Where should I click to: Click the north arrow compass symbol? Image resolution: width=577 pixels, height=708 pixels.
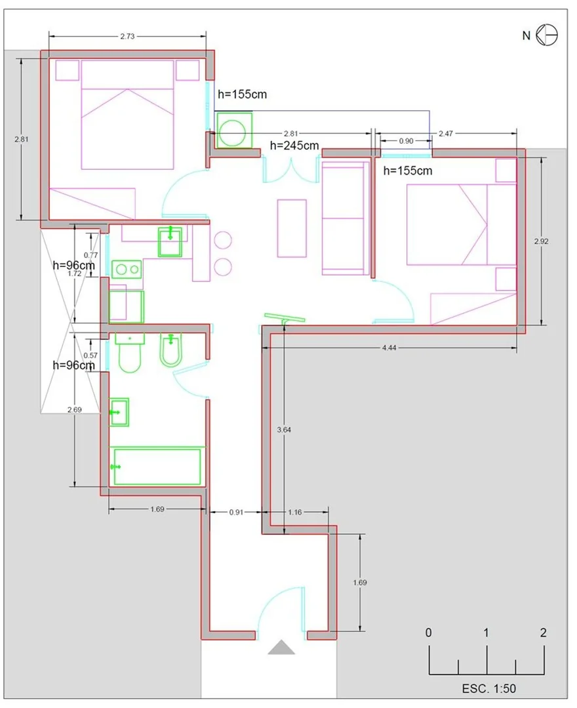[x=547, y=35]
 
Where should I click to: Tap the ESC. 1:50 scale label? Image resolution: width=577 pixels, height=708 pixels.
[x=488, y=688]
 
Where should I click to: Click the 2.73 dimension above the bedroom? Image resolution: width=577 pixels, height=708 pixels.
[x=127, y=36]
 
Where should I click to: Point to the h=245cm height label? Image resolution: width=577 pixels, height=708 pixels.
[x=294, y=146]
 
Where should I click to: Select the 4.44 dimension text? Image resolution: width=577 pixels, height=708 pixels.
[x=389, y=348]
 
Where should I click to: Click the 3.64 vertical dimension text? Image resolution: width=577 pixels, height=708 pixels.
[x=284, y=430]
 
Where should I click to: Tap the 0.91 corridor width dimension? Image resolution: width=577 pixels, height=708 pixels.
[x=236, y=512]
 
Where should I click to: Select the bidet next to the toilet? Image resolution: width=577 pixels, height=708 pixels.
[x=171, y=351]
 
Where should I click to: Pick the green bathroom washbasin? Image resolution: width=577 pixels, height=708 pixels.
[x=119, y=412]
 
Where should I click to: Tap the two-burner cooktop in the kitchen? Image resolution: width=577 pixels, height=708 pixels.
[x=127, y=270]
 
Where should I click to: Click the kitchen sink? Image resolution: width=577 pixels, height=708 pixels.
[x=170, y=242]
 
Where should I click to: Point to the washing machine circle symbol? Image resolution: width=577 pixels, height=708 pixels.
[x=233, y=131]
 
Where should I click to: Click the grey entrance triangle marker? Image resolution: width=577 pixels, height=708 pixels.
[x=281, y=647]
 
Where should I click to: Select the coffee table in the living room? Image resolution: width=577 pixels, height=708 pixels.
[x=292, y=228]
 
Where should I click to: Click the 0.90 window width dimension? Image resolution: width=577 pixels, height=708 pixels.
[x=406, y=141]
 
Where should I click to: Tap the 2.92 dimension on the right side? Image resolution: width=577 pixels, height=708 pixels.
[x=542, y=241]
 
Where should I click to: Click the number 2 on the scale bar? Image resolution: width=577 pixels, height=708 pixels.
[x=543, y=633]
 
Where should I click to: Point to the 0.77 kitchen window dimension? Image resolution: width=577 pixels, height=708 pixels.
[x=90, y=255]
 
